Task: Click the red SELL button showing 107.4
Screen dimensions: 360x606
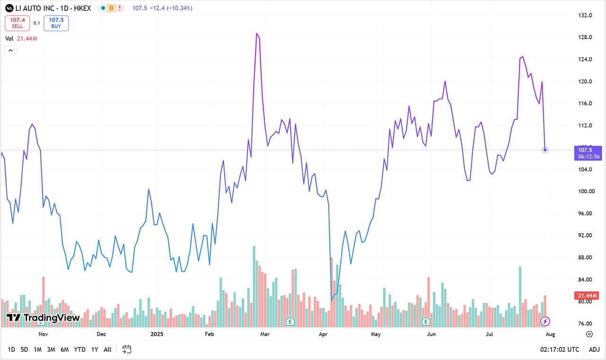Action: click(x=18, y=23)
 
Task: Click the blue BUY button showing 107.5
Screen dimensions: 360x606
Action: click(x=56, y=23)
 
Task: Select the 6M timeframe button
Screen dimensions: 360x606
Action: click(x=64, y=350)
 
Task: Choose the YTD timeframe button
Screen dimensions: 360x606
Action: click(x=80, y=350)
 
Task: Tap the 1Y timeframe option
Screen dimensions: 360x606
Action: click(x=95, y=350)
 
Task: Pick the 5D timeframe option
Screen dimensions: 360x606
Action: click(x=24, y=350)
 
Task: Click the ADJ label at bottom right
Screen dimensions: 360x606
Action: click(x=594, y=350)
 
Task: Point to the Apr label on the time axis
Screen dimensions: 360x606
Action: click(x=323, y=334)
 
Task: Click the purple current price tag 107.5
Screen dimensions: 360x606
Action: click(x=588, y=150)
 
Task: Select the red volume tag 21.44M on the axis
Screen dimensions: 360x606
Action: click(x=587, y=296)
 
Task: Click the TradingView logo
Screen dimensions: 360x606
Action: click(x=43, y=318)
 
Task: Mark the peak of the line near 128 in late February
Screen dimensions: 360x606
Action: click(x=257, y=34)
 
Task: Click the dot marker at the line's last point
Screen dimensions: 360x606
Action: click(x=545, y=150)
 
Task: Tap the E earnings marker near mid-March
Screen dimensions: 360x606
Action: click(x=290, y=322)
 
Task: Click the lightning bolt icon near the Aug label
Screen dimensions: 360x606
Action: click(x=545, y=322)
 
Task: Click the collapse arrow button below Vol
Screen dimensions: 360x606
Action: click(x=10, y=50)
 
